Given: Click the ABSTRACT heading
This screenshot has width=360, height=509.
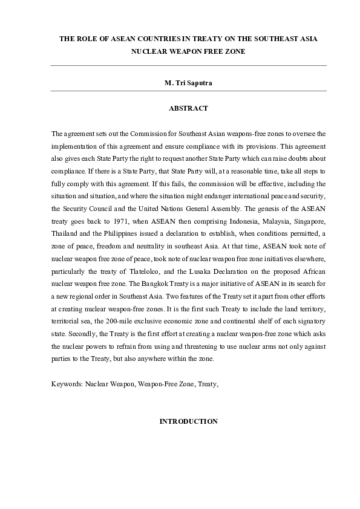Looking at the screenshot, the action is (x=188, y=108).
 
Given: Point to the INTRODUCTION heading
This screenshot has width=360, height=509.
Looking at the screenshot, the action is (x=188, y=421).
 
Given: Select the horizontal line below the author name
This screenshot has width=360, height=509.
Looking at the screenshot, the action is (x=188, y=91).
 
